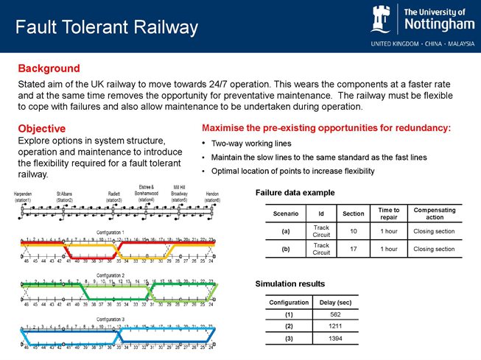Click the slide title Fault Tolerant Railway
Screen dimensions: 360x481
click(x=108, y=28)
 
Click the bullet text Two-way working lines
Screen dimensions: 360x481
click(x=250, y=144)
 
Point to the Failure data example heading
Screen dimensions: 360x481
click(x=295, y=192)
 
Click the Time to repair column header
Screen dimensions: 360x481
click(x=383, y=213)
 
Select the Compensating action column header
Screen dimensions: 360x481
click(x=435, y=213)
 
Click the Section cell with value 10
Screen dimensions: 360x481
click(x=354, y=232)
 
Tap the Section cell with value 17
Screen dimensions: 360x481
click(x=354, y=249)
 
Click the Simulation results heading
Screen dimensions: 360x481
click(x=289, y=283)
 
